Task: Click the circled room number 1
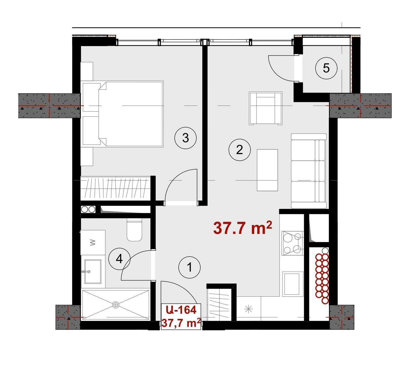[x=189, y=267]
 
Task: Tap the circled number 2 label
[x=239, y=150]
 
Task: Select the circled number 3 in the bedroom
[x=185, y=138]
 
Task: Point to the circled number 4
[x=119, y=259]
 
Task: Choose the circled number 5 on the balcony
[x=326, y=68]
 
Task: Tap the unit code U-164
[x=181, y=310]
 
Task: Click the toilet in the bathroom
[x=134, y=229]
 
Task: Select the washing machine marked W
[x=93, y=242]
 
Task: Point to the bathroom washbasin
[x=93, y=271]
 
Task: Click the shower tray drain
[x=115, y=305]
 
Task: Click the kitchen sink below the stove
[x=292, y=284]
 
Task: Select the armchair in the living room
[x=266, y=108]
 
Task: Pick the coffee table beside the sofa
[x=267, y=170]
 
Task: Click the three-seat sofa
[x=309, y=171]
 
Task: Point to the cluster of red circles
[x=322, y=278]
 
